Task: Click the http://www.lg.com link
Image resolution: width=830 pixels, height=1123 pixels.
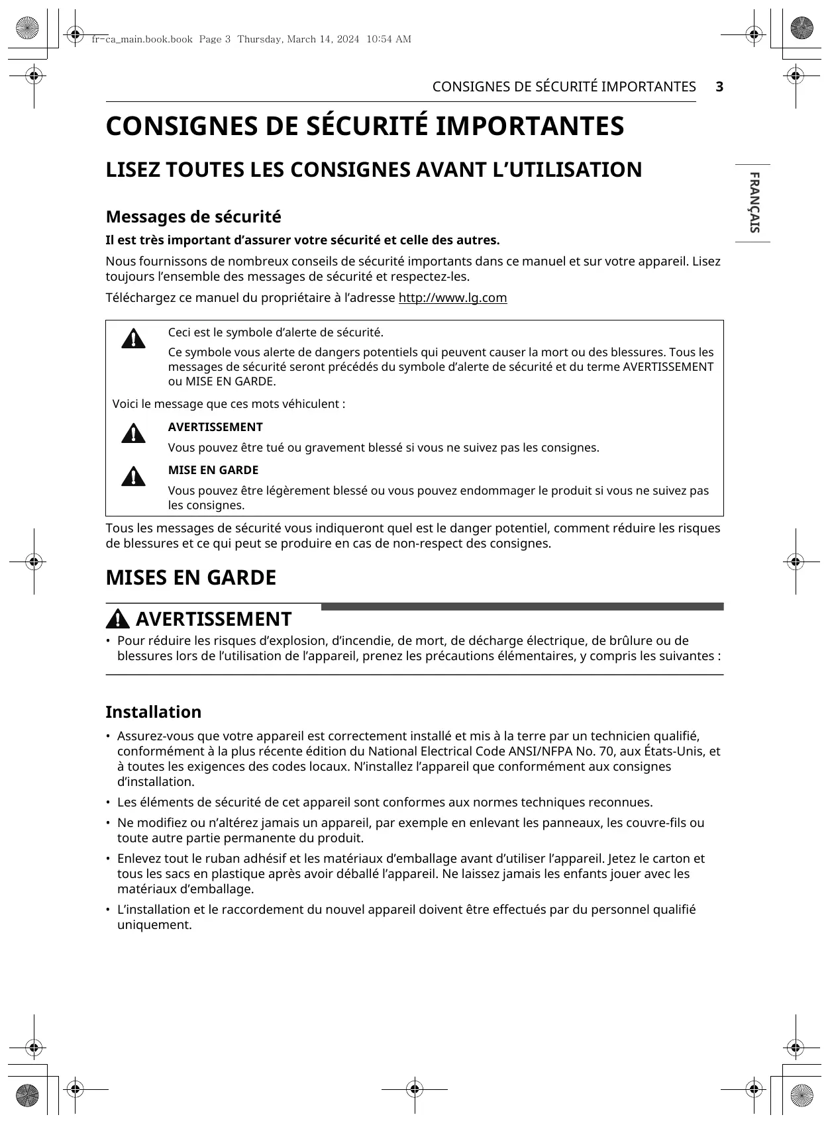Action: tap(452, 298)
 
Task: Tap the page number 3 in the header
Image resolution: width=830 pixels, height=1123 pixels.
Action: tap(719, 87)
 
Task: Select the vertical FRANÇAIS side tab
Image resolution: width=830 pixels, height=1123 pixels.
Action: tap(754, 203)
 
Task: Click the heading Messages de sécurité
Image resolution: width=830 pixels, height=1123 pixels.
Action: tap(193, 217)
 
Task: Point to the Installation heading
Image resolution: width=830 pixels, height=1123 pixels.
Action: tap(153, 712)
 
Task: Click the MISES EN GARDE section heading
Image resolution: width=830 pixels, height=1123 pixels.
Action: tap(191, 577)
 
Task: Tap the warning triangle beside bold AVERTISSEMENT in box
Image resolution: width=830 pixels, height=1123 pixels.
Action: tap(133, 434)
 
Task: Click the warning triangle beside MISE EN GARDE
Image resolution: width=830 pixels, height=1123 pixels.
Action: tap(133, 477)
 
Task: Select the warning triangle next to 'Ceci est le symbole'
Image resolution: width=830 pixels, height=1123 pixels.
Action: tap(133, 338)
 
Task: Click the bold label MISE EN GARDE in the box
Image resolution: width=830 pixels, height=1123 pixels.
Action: tap(213, 470)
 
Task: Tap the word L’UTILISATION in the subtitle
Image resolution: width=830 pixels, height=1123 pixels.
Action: tap(567, 170)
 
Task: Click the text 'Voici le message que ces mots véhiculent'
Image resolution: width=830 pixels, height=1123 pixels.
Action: tap(229, 404)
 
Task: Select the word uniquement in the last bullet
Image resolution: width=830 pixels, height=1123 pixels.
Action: tap(154, 925)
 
